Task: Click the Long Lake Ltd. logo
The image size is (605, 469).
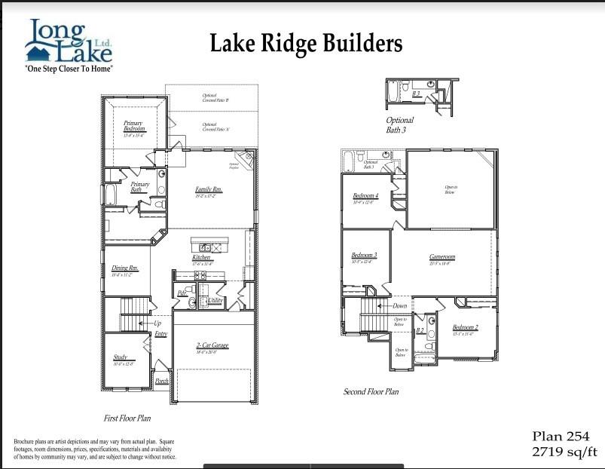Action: (x=69, y=45)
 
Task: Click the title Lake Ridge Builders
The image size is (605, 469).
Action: (x=306, y=43)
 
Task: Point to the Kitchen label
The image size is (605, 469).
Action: (x=201, y=258)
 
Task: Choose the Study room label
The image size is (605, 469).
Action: (x=121, y=357)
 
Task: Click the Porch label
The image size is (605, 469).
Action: (x=162, y=382)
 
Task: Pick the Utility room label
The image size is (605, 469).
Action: (x=215, y=301)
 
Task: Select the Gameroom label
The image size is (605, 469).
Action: (x=442, y=257)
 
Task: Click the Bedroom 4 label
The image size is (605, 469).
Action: (x=365, y=196)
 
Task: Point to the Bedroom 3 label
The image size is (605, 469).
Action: (x=364, y=256)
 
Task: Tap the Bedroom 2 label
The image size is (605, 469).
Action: (x=466, y=328)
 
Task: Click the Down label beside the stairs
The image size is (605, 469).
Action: (x=399, y=306)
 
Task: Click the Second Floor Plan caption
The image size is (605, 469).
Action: (x=371, y=392)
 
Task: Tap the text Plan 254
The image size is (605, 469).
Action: (x=561, y=437)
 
